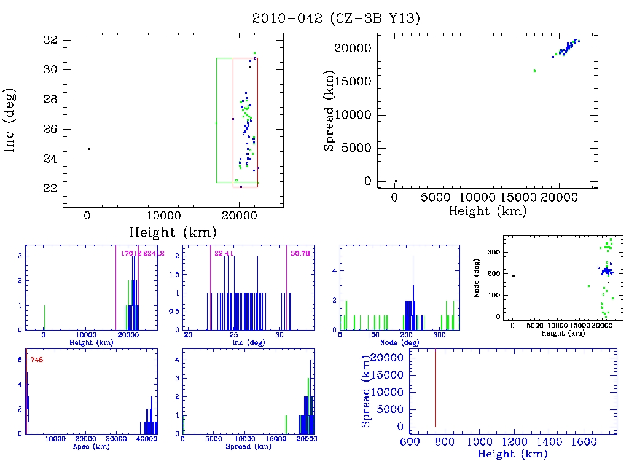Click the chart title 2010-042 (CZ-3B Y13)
click(337, 18)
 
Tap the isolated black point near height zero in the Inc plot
click(88, 149)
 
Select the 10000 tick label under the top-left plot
click(163, 216)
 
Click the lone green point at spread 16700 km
click(534, 71)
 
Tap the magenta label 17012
click(132, 253)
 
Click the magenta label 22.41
click(223, 253)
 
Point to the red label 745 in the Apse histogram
click(36, 360)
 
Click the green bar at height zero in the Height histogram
click(44, 317)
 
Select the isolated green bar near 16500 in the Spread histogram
click(286, 424)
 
